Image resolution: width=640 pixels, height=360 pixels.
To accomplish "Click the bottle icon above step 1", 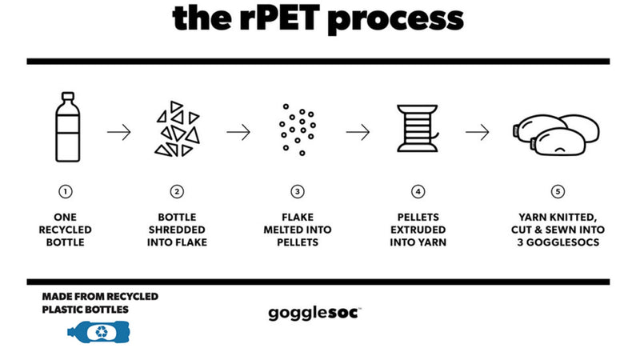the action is [x=68, y=127].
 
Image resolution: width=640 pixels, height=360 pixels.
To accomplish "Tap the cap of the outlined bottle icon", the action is [x=68, y=96].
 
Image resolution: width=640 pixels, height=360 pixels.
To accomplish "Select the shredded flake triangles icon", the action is [x=177, y=129].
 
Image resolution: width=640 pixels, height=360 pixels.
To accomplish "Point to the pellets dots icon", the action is [x=298, y=130].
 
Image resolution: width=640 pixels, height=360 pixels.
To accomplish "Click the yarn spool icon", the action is [x=418, y=129].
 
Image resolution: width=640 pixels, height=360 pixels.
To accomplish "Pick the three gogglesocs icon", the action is [x=556, y=134].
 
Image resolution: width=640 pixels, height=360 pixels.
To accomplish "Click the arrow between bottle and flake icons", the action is [x=118, y=132].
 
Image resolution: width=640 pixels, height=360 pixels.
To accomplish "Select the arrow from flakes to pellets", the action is [x=238, y=132].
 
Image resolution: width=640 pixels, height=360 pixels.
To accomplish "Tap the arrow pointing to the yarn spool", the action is [x=358, y=132].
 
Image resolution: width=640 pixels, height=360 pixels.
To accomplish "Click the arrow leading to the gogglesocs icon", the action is [x=478, y=132].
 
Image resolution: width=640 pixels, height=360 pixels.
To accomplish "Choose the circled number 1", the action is [x=66, y=191].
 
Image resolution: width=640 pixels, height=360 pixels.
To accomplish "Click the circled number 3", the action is [x=298, y=191].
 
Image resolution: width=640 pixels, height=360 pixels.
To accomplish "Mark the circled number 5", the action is [x=558, y=191].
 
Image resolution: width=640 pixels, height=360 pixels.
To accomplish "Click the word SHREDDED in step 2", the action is [x=177, y=230].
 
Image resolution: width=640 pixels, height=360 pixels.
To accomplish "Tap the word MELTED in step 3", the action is [x=282, y=230].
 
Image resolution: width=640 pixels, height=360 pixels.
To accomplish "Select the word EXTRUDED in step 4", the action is [x=418, y=230].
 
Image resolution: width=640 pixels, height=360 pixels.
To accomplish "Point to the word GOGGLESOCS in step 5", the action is [x=563, y=242].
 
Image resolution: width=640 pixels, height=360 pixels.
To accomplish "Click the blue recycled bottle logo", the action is [x=98, y=331].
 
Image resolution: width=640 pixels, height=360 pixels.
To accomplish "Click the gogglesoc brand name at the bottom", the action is [x=314, y=314].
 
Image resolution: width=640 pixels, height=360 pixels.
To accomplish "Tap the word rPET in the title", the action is [x=279, y=18].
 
